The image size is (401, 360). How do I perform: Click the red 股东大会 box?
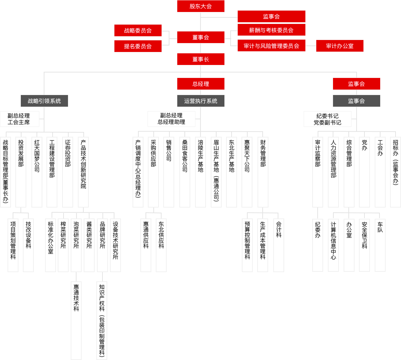tap(200, 6)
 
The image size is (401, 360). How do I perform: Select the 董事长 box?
tap(200, 59)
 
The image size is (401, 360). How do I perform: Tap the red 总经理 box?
tap(200, 84)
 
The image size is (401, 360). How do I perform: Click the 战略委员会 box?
tap(138, 30)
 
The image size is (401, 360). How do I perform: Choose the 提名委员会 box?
tap(138, 46)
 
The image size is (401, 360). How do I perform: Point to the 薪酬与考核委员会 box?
tap(271, 30)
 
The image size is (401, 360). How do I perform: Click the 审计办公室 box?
tap(340, 46)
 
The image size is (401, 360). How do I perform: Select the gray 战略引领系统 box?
tap(44, 101)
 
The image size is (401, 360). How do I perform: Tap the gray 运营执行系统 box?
tap(200, 101)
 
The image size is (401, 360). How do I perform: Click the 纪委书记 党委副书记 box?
tap(327, 119)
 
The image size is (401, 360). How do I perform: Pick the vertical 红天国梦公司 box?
tap(37, 172)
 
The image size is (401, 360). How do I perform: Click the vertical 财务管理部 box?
tap(263, 172)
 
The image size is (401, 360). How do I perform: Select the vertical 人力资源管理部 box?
tap(333, 172)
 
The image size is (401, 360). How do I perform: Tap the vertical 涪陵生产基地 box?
tap(200, 172)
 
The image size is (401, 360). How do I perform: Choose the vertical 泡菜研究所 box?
tap(76, 245)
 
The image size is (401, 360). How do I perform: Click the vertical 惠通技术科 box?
tap(76, 320)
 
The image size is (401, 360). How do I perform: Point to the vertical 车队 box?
tap(380, 245)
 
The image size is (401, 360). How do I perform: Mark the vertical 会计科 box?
tap(279, 245)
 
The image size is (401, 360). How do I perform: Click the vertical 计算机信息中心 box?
tap(333, 245)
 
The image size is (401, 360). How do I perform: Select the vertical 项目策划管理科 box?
tap(13, 245)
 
